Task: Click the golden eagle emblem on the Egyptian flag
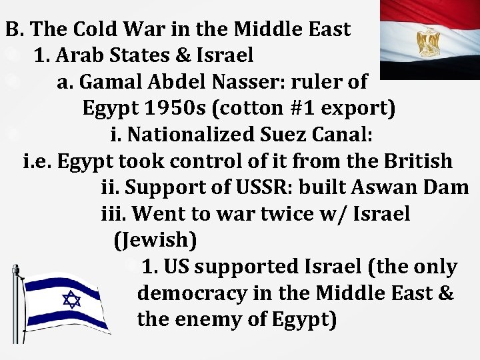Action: click(x=428, y=43)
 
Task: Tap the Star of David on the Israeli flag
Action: click(x=71, y=299)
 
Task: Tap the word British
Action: click(x=418, y=161)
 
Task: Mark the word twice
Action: click(x=279, y=214)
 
